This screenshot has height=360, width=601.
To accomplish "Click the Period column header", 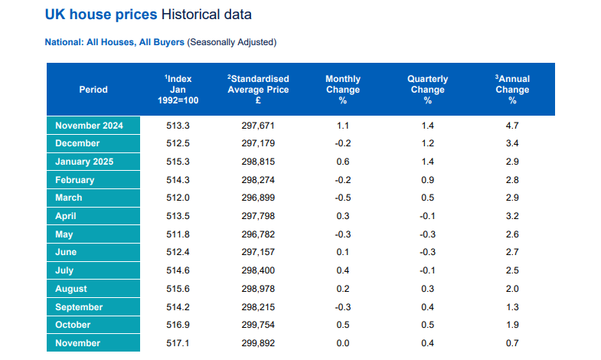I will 93,90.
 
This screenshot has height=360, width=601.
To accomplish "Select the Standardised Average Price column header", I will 258,90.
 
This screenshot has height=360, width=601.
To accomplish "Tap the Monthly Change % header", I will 342,90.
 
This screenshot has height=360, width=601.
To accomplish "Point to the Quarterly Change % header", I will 427,90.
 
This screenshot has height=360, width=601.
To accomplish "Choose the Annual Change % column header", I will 512,90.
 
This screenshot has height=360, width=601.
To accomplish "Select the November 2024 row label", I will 88,126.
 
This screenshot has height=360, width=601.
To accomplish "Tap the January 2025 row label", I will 84,162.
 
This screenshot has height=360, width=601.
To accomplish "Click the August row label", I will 71,289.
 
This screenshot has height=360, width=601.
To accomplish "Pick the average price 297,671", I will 258,126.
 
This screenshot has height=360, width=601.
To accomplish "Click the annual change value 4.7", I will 512,126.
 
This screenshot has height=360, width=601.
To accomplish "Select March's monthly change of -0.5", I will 342,198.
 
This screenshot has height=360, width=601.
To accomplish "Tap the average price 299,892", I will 258,343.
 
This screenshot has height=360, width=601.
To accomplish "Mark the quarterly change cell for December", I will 427,143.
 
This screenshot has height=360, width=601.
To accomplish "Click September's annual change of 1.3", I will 512,307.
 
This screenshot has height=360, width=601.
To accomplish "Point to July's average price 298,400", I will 258,271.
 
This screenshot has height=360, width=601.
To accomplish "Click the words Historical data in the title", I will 206,15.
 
